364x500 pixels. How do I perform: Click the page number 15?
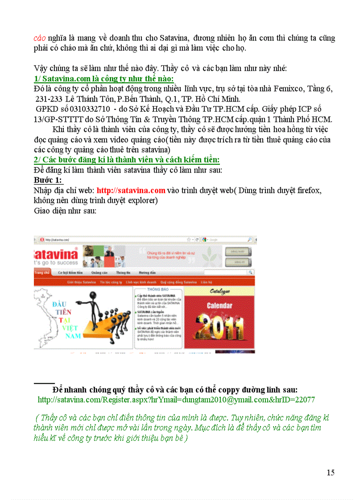pyautogui.click(x=330, y=472)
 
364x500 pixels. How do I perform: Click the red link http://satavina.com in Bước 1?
pyautogui.click(x=131, y=191)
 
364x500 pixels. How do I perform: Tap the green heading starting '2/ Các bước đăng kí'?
pyautogui.click(x=127, y=159)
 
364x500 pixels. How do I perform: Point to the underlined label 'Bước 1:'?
pyautogui.click(x=48, y=180)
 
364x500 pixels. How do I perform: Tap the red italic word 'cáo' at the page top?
pyautogui.click(x=40, y=38)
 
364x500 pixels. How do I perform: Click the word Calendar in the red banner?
pyautogui.click(x=219, y=306)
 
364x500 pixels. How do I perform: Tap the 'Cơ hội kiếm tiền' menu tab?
pyautogui.click(x=70, y=272)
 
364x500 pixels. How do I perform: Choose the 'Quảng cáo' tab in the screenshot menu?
pyautogui.click(x=99, y=272)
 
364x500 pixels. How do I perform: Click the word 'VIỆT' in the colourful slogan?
pyautogui.click(x=70, y=328)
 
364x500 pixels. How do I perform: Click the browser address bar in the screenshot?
pyautogui.click(x=112, y=239)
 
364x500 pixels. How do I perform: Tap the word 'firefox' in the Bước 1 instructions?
pyautogui.click(x=309, y=191)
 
